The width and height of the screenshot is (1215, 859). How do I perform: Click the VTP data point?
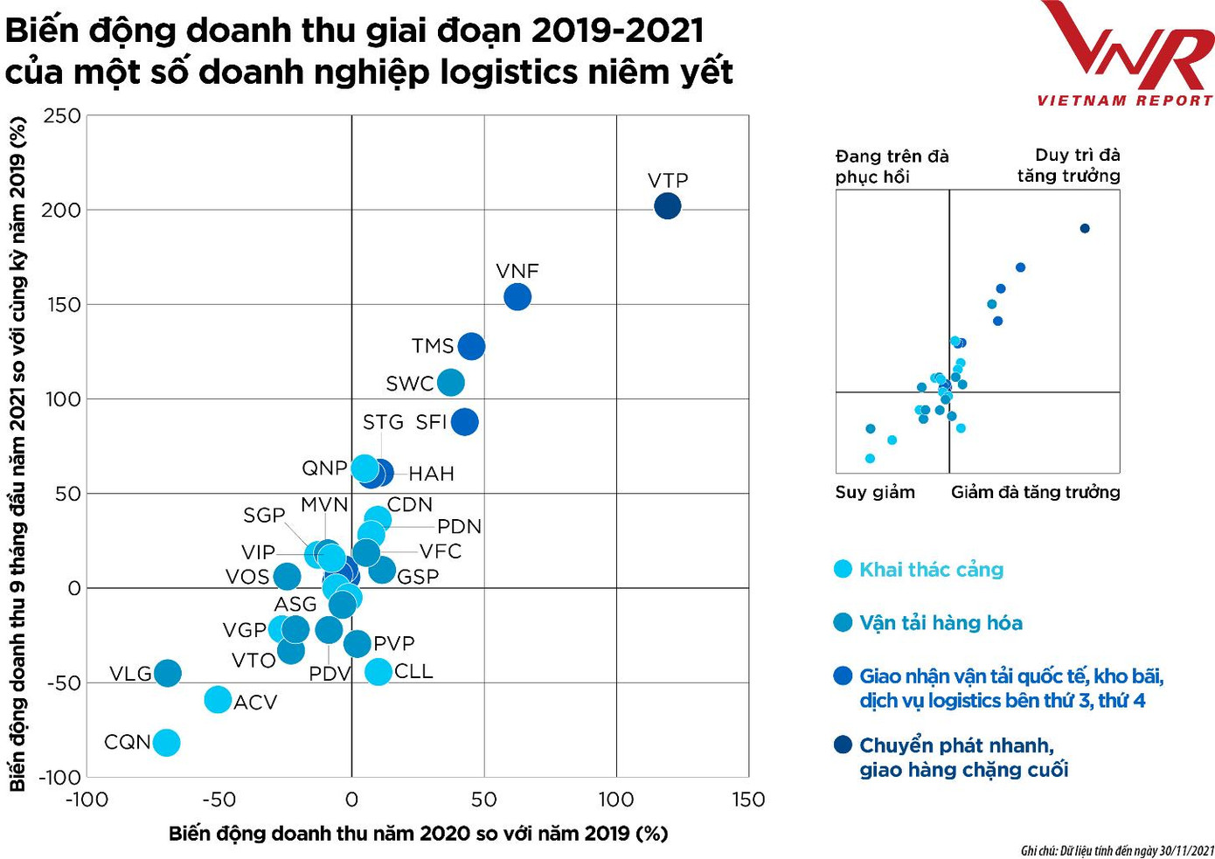click(667, 206)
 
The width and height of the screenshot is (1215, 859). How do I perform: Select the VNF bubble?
click(517, 297)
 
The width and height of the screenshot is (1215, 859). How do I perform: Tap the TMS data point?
click(471, 346)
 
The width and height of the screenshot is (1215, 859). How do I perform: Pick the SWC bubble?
click(450, 382)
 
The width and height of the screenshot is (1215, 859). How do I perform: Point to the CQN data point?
click(166, 743)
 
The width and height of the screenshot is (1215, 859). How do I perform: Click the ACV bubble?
click(218, 700)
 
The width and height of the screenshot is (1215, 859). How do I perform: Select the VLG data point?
click(167, 673)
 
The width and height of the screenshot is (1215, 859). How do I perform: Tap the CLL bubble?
click(378, 672)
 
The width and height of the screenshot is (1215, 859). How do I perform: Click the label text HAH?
click(431, 474)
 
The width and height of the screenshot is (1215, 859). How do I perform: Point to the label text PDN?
click(459, 526)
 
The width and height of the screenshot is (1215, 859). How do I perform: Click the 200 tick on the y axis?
click(62, 211)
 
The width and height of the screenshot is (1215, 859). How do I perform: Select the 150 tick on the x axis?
click(748, 800)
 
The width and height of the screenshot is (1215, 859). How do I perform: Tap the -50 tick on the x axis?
click(219, 800)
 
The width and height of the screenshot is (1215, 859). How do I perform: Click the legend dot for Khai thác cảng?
click(843, 570)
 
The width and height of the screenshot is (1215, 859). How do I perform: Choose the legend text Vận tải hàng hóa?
click(941, 623)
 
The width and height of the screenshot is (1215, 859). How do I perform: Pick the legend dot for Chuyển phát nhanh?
click(843, 745)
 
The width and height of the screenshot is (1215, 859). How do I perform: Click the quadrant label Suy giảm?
click(875, 492)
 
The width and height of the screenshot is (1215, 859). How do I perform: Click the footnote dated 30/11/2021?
click(1117, 850)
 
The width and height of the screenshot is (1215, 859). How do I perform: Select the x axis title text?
click(418, 834)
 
